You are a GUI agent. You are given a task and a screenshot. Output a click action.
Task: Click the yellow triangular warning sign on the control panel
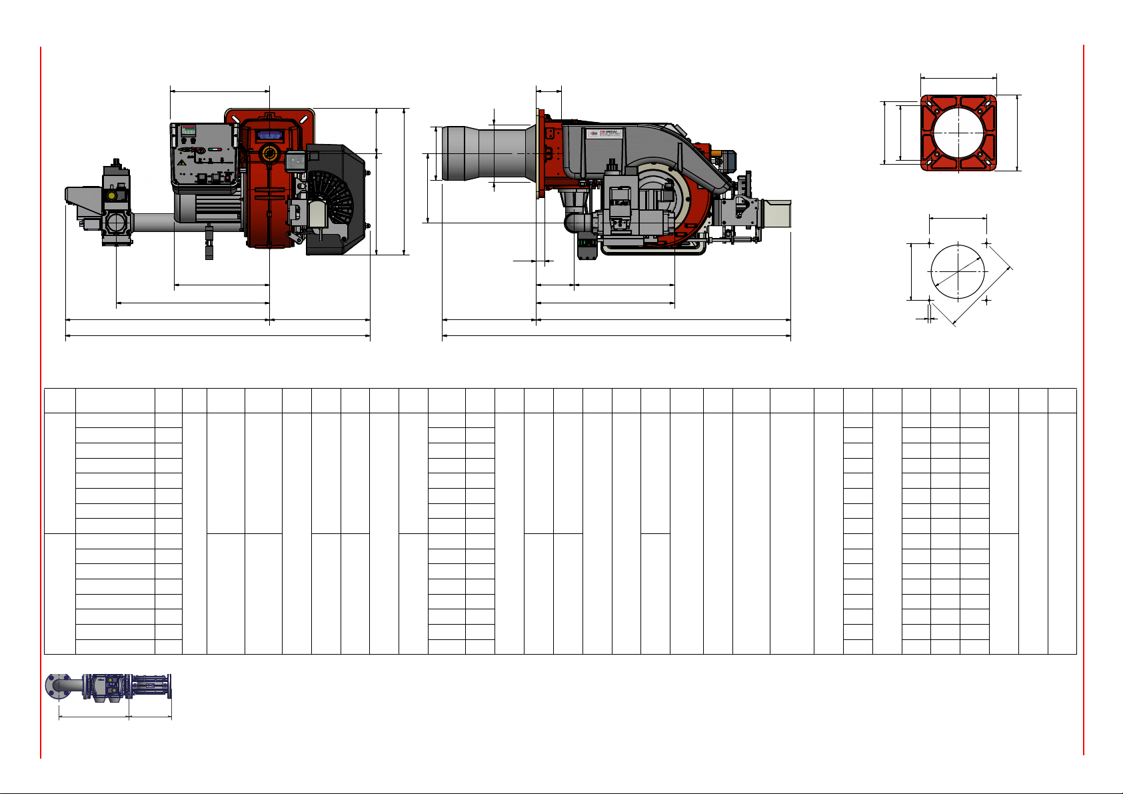point(181,162)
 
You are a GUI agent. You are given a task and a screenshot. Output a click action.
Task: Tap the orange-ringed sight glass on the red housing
point(269,153)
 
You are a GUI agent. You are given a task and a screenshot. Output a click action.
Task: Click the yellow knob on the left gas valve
point(111,195)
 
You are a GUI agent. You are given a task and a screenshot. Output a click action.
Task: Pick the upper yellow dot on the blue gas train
point(111,681)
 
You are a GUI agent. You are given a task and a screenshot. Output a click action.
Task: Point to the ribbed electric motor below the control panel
point(207,206)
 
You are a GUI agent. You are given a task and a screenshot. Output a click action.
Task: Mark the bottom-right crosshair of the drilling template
point(987,300)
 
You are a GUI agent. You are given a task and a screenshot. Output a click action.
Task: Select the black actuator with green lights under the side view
point(586,248)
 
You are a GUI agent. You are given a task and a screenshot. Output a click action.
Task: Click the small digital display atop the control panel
point(189,129)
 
